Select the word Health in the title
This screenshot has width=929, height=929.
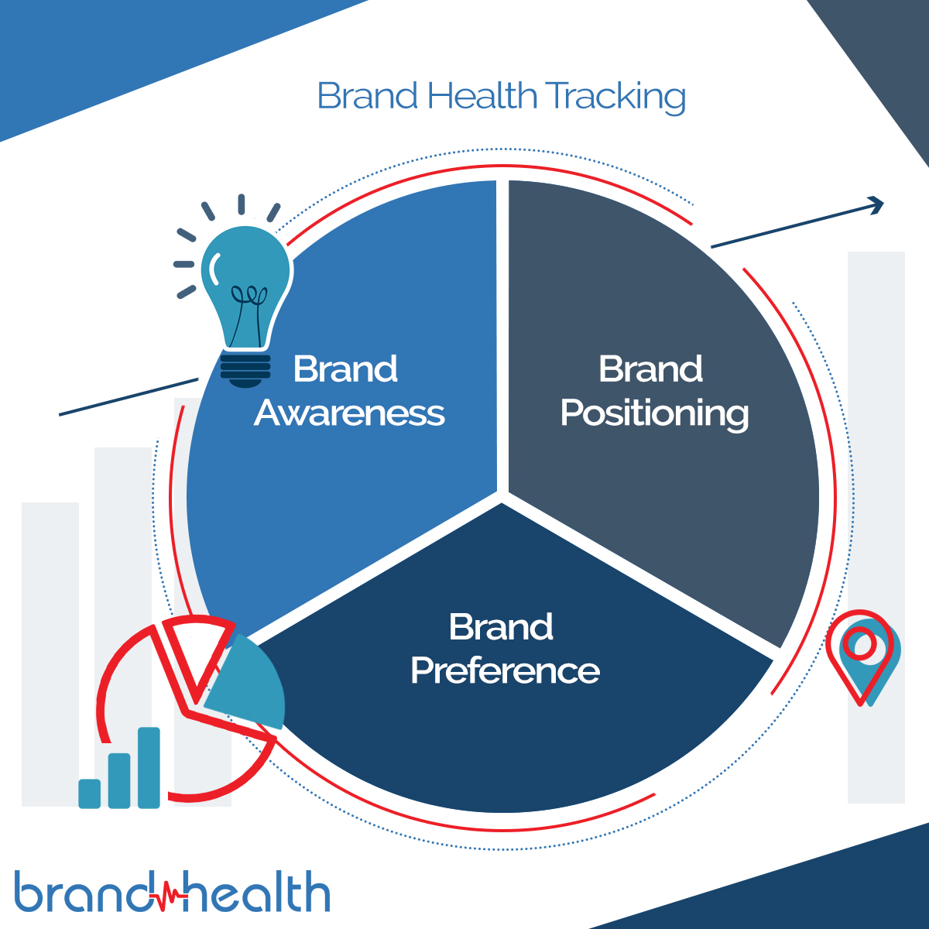(482, 96)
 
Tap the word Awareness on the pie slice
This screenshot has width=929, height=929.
(349, 413)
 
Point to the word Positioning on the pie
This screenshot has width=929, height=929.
(654, 413)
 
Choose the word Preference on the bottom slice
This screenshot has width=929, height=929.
(505, 670)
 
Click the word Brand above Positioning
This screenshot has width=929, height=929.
(650, 369)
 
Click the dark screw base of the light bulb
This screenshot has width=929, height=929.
(245, 369)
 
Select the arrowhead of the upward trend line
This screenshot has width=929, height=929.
(875, 204)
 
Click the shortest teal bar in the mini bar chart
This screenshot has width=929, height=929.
(90, 794)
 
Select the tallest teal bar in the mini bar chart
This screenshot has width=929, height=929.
(149, 767)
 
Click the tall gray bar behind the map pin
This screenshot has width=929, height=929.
(876, 464)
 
